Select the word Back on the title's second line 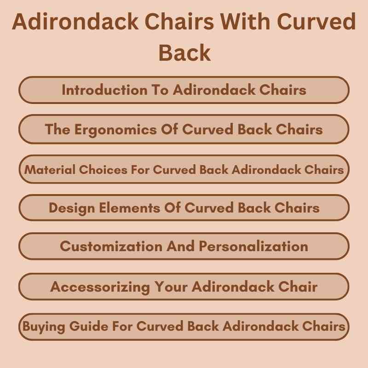tap(184, 53)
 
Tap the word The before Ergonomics tap(57, 129)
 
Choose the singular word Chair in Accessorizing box tap(296, 287)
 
